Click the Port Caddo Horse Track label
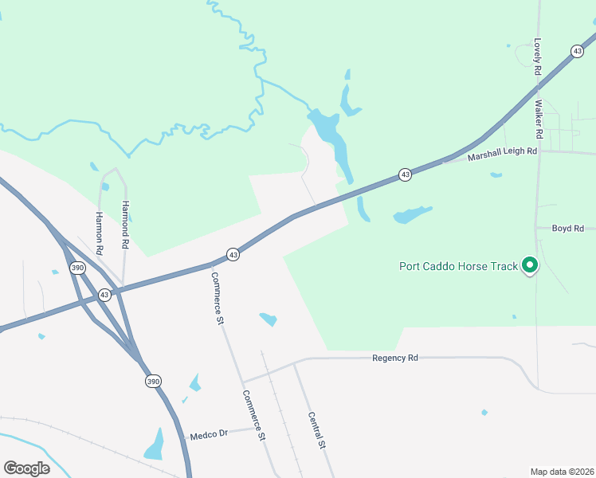coord(458,266)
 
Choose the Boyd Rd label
coord(568,229)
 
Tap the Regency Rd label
coord(395,358)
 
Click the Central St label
coord(317,430)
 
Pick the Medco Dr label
coord(209,435)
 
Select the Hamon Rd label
coord(100,233)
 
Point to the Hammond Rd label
coord(124,225)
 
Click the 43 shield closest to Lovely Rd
coord(577,51)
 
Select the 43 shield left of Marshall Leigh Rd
coord(406,174)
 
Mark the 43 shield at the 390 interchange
coord(104,295)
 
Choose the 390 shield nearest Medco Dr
coord(153,382)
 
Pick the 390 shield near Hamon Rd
coord(76,268)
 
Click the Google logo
coord(26,468)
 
